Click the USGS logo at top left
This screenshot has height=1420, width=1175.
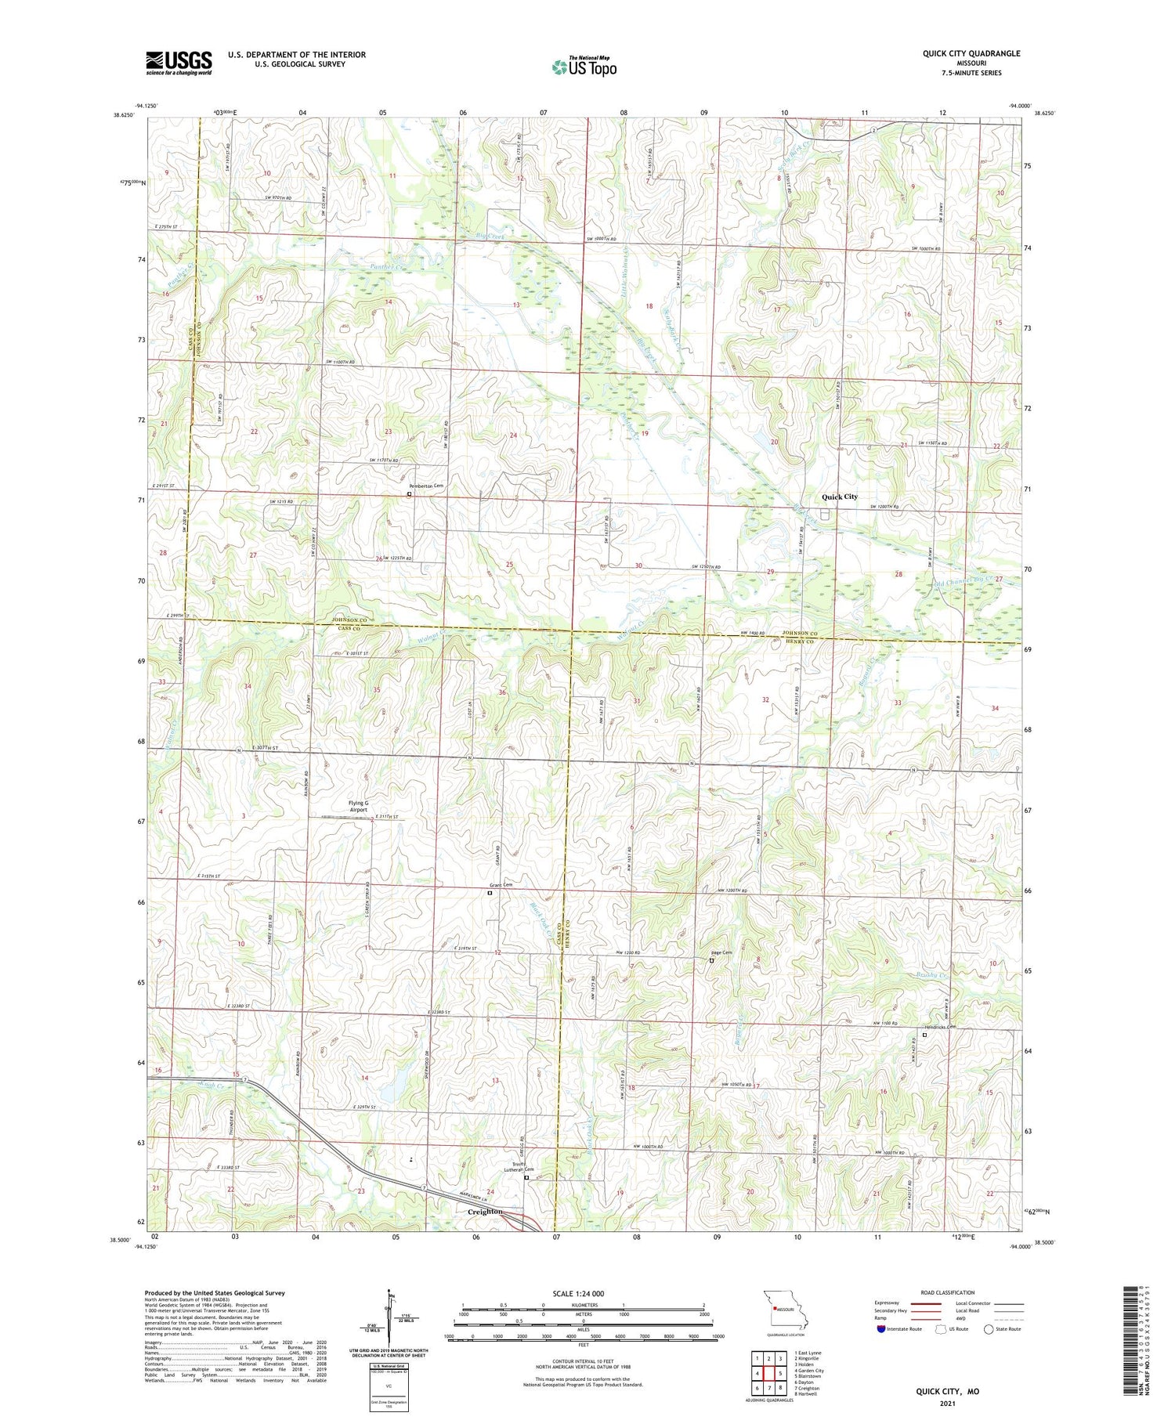pyautogui.click(x=179, y=63)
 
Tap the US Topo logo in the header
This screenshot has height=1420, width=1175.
pyautogui.click(x=584, y=67)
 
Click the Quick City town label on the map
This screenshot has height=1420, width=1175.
pyautogui.click(x=839, y=497)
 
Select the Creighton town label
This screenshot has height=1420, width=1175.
pyautogui.click(x=484, y=1211)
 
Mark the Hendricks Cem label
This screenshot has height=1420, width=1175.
pyautogui.click(x=940, y=1027)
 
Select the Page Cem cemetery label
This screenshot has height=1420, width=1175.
pyautogui.click(x=721, y=952)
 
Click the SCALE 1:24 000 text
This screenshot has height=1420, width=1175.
pyautogui.click(x=584, y=1293)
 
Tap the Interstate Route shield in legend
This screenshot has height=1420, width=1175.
pyautogui.click(x=881, y=1328)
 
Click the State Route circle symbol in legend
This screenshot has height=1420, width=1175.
pyautogui.click(x=989, y=1328)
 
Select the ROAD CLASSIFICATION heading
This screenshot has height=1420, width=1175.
pyautogui.click(x=948, y=1292)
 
